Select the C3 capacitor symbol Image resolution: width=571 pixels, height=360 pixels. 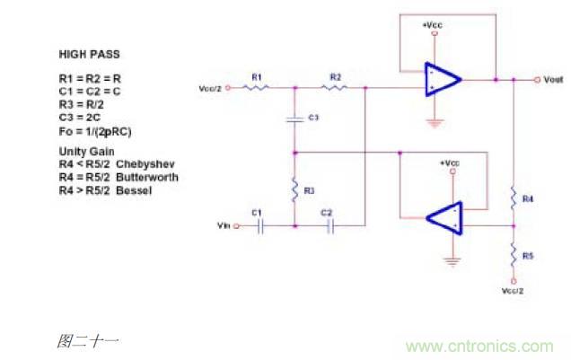(x=295, y=119)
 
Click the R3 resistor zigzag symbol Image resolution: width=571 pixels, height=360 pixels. (x=295, y=189)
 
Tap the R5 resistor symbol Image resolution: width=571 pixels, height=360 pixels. (x=513, y=256)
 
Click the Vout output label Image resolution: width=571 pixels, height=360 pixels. (x=553, y=80)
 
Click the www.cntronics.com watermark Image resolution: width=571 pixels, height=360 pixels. (x=479, y=347)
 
